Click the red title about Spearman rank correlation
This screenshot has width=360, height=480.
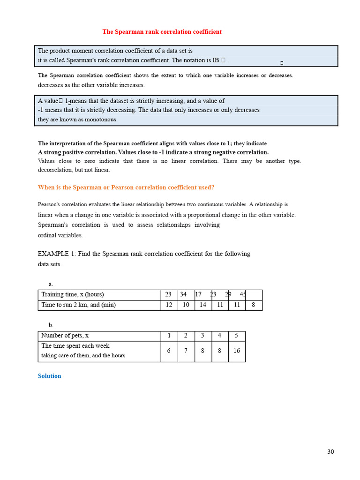click(x=162, y=32)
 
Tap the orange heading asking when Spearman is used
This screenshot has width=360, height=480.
click(x=126, y=187)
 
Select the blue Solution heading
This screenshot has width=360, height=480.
click(x=49, y=376)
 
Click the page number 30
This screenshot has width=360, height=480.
click(x=330, y=452)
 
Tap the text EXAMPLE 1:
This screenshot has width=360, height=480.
click(x=57, y=254)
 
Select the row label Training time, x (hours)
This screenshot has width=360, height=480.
click(x=73, y=294)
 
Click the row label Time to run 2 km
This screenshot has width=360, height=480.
click(x=78, y=305)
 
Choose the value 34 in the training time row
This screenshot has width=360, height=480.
click(x=183, y=294)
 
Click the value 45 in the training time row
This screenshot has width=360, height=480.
click(x=243, y=294)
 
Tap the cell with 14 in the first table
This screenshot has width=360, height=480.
click(x=203, y=305)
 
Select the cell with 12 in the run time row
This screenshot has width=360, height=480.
click(x=169, y=305)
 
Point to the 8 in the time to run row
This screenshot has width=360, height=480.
click(x=254, y=305)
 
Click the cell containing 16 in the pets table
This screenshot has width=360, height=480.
click(x=236, y=351)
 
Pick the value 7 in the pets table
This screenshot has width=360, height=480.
click(x=186, y=351)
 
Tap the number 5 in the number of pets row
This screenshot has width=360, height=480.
click(x=236, y=336)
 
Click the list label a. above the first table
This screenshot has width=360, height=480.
click(x=51, y=284)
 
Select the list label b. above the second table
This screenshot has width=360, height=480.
click(x=51, y=325)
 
